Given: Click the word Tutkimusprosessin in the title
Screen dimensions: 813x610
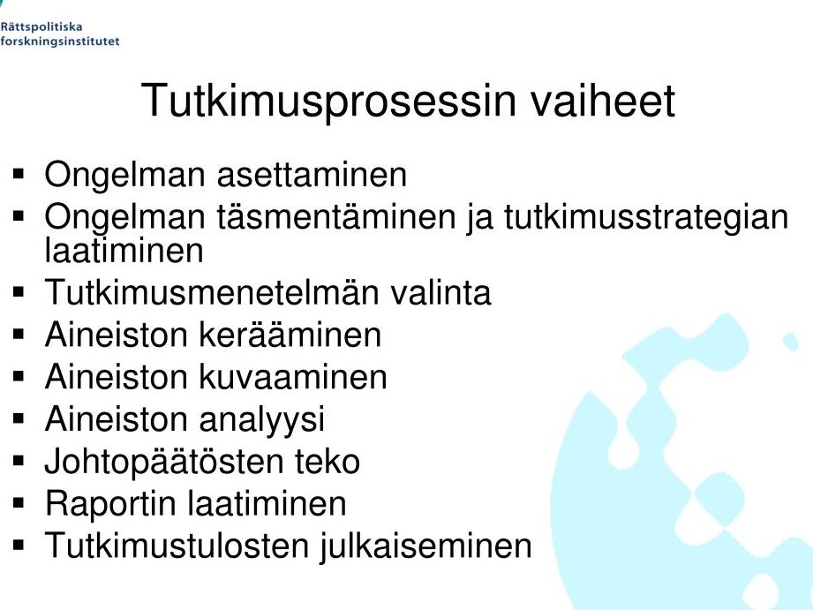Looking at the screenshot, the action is [328, 102].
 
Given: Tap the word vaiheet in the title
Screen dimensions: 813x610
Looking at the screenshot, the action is [603, 100].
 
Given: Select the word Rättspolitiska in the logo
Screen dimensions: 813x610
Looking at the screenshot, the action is [41, 27].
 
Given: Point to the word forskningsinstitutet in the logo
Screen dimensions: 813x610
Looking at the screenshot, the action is [60, 41].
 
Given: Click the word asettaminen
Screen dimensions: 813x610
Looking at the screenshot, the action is [312, 175].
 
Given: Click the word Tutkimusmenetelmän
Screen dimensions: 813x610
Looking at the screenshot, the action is [212, 292].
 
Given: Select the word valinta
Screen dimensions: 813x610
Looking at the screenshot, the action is [440, 292].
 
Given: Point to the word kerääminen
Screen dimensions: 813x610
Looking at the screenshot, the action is [290, 335].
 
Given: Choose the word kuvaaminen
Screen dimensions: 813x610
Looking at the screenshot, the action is [293, 377].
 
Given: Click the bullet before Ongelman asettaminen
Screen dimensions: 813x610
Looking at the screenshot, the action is [19, 174].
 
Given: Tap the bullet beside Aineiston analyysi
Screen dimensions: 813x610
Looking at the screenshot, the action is [19, 418].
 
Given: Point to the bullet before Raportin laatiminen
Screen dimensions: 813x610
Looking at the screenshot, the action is [19, 502].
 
